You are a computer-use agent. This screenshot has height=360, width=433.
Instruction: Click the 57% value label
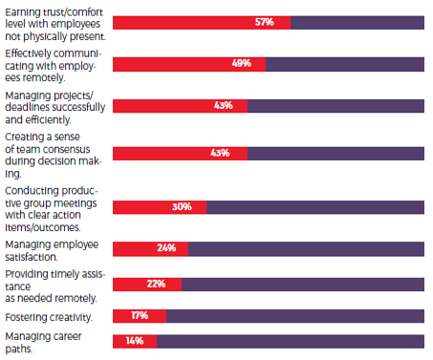click(264, 22)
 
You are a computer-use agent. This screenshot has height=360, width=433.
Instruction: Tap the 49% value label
click(242, 63)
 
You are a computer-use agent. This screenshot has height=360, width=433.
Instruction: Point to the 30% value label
click(182, 207)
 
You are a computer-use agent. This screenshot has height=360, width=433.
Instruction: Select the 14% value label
click(135, 341)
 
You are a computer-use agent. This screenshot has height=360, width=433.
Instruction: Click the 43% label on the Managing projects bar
click(224, 105)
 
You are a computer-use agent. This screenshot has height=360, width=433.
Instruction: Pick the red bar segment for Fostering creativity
click(140, 316)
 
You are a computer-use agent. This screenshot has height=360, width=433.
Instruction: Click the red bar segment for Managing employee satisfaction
click(150, 249)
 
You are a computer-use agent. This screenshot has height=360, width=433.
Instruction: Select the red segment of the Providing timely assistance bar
click(147, 285)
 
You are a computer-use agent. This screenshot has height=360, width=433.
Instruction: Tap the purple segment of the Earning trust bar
click(357, 23)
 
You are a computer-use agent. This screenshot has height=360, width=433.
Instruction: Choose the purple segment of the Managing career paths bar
click(291, 341)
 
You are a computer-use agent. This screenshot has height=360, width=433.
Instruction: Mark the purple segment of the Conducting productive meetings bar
click(315, 207)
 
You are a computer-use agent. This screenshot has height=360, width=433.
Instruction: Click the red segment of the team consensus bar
click(180, 154)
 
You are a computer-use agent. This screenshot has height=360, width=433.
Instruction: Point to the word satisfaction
click(32, 257)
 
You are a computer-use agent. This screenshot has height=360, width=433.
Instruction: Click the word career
click(67, 336)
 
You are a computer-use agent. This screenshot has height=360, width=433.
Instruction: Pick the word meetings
click(76, 203)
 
